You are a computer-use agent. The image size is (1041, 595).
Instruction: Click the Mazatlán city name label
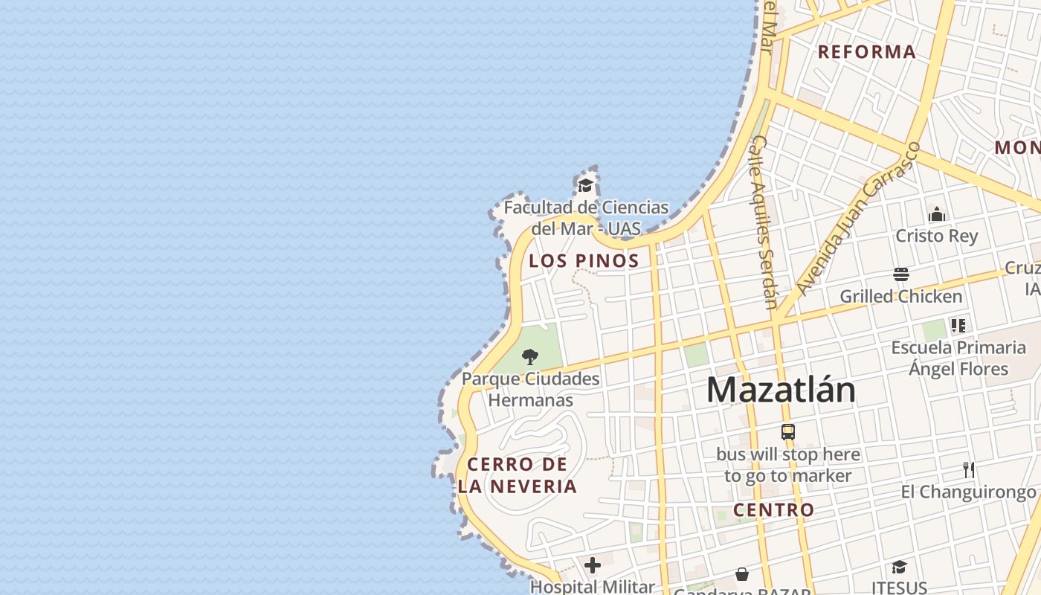(781, 390)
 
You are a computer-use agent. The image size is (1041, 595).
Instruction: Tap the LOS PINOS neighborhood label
(584, 261)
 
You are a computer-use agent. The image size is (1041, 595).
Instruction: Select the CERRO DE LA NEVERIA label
(518, 475)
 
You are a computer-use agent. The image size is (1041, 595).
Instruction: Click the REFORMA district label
(867, 52)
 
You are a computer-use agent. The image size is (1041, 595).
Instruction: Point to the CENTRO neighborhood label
(774, 510)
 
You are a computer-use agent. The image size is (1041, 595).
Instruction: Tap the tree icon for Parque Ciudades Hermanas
(530, 357)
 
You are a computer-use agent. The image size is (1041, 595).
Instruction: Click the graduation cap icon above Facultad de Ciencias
(586, 185)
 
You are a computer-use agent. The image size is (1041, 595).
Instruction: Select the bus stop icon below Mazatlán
(788, 431)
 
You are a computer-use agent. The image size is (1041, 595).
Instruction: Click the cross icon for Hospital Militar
(593, 566)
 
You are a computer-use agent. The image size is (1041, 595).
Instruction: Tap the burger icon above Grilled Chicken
(901, 274)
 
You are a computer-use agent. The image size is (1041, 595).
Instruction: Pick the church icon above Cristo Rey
(937, 215)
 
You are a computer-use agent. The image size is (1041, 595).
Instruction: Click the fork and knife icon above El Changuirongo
(968, 469)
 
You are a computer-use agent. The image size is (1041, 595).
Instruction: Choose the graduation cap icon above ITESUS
(900, 567)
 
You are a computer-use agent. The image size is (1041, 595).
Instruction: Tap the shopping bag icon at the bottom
(742, 574)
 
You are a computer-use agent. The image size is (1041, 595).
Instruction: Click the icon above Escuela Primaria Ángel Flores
(958, 326)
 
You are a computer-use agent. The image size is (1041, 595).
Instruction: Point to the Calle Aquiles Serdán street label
(765, 222)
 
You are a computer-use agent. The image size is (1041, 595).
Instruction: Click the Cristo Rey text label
(937, 236)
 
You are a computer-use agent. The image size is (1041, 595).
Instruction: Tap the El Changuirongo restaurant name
(968, 492)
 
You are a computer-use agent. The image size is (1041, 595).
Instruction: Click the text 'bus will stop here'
(788, 454)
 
